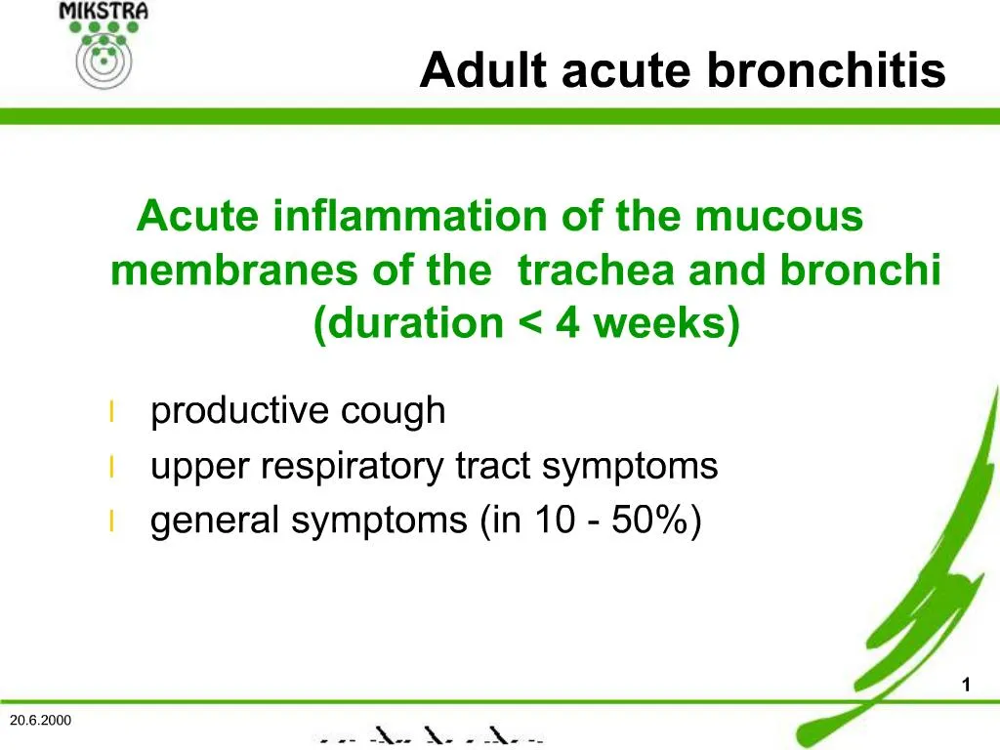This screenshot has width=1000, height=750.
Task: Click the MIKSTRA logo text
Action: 104,11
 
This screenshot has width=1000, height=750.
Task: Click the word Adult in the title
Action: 473,70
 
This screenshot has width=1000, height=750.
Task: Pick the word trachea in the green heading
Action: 598,271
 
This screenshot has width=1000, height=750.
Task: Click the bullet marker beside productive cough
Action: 112,412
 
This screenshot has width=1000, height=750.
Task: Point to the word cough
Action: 393,411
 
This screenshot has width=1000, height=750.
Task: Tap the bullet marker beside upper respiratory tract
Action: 112,468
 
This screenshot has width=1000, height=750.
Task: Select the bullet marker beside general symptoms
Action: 112,522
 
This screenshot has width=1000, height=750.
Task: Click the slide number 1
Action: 966,686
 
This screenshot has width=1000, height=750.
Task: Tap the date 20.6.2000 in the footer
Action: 40,720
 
